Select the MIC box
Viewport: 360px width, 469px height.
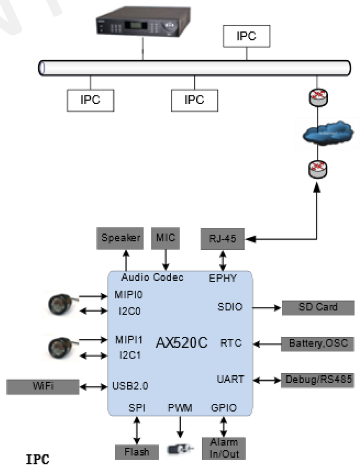[x=166, y=238]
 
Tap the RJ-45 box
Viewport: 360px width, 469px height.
[x=223, y=239]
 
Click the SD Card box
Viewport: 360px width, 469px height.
[x=318, y=307]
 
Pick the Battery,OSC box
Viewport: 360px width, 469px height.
[x=318, y=344]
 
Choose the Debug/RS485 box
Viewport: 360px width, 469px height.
[x=318, y=380]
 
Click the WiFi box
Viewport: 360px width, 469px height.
[x=43, y=387]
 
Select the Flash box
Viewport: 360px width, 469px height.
[x=137, y=452]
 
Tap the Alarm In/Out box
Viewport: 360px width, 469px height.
[x=224, y=448]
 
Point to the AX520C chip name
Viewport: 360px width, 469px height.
[x=182, y=343]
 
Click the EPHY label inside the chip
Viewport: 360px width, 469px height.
[x=223, y=277]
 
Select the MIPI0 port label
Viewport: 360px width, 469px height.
[x=129, y=295]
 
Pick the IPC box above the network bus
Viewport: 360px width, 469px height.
[x=247, y=36]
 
